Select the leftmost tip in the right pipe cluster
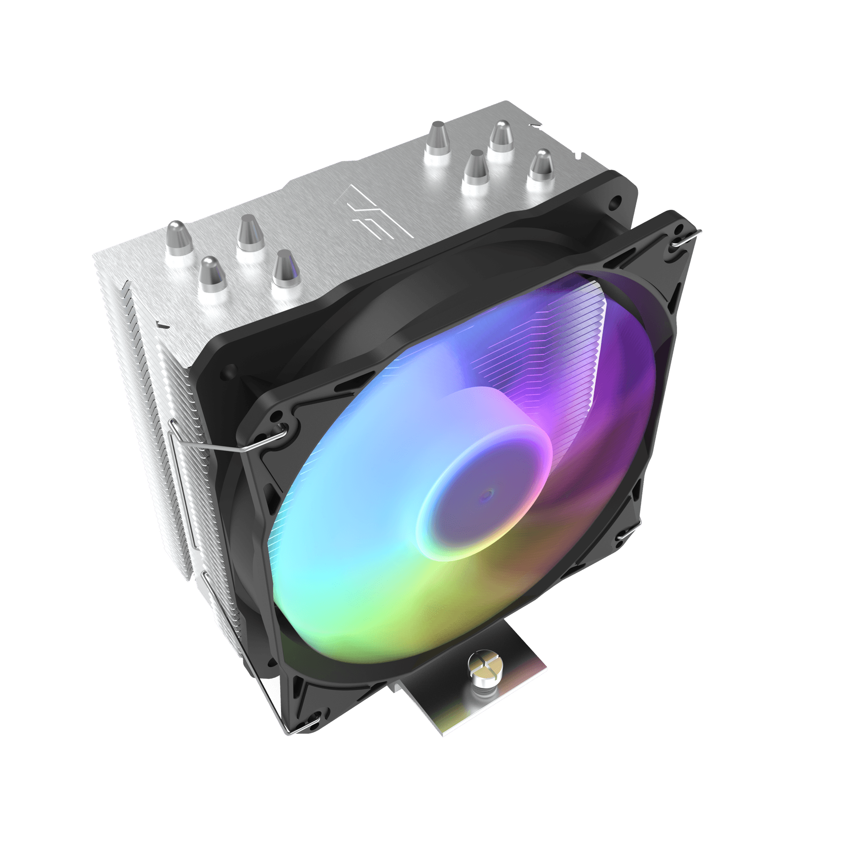click(x=436, y=137)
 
